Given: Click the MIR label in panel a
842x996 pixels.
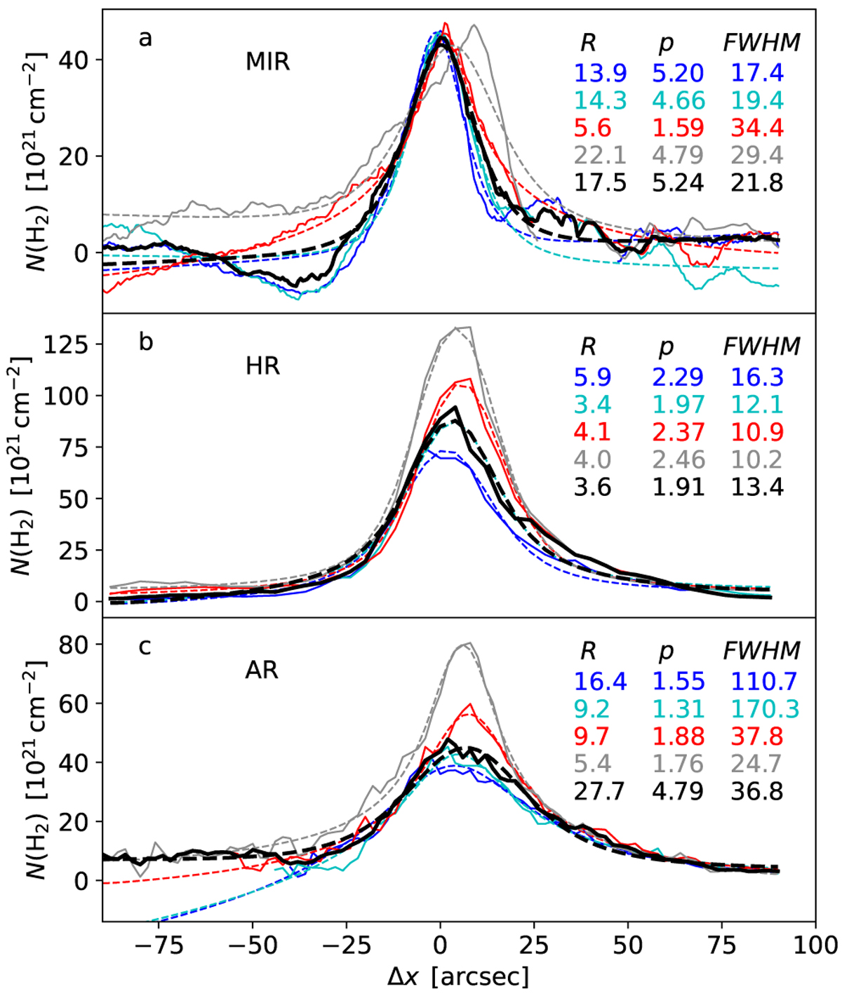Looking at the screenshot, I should click(x=267, y=62).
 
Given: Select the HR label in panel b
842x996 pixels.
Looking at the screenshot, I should click(x=263, y=365).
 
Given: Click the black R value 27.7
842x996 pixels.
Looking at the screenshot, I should click(x=600, y=791).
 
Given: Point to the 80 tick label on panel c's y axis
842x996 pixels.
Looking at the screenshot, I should click(x=78, y=644).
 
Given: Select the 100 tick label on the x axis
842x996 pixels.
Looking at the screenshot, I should click(x=814, y=941).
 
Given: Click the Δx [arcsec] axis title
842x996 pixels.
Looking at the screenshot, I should click(x=459, y=975).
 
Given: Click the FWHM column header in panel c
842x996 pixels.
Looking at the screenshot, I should click(x=761, y=651).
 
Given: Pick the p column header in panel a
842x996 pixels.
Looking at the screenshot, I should click(x=665, y=43).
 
